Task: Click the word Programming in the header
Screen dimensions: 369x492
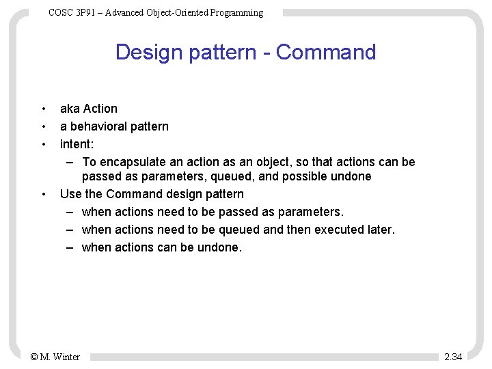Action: coord(236,12)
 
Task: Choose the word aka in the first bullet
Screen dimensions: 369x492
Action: coord(70,109)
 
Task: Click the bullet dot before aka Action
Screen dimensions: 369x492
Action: coord(44,109)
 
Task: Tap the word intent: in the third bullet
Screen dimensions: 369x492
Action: coord(77,144)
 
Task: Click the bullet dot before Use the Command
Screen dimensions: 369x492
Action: coord(44,194)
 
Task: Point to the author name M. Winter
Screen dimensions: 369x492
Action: coord(59,357)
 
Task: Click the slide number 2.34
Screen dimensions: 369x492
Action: coord(453,357)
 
